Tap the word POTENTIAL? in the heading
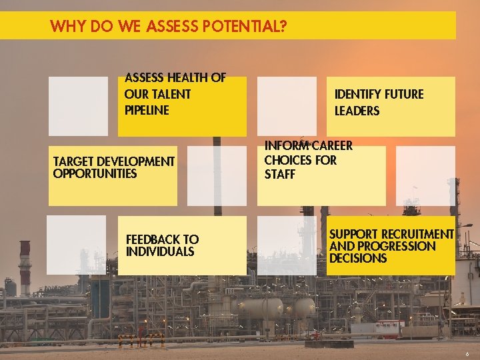coord(252,27)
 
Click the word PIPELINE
coord(147,110)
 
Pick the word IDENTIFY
coord(358,95)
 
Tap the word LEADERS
coord(357,111)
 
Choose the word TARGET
coord(73,162)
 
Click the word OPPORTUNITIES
coord(95,174)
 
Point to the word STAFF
coord(279,175)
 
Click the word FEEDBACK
coord(153,239)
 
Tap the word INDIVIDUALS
coord(160,252)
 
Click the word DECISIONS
coord(357,258)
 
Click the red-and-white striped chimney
coord(25,267)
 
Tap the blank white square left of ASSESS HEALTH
coord(78,106)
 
